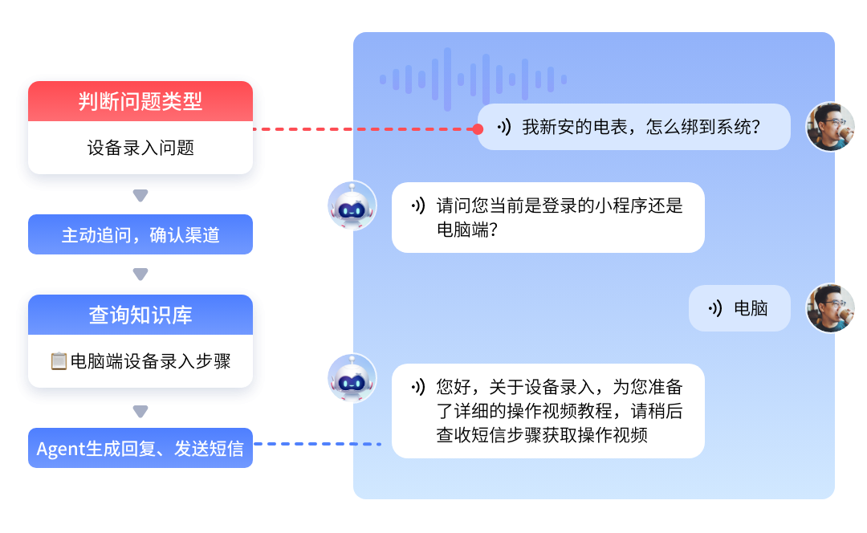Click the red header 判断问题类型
(140, 101)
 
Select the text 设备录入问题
(140, 148)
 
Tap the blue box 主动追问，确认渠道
(140, 235)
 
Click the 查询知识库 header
(140, 315)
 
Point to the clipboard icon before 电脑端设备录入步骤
(58, 361)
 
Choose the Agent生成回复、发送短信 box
(140, 449)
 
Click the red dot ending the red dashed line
(478, 128)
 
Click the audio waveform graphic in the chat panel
(473, 79)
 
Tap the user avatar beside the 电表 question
(831, 127)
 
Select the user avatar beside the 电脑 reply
(831, 308)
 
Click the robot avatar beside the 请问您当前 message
(352, 205)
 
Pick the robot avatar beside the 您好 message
(352, 378)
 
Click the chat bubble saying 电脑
(739, 308)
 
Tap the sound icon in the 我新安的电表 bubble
(503, 127)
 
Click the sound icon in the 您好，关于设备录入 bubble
(417, 387)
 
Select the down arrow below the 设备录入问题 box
(140, 196)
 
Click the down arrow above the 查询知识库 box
(140, 275)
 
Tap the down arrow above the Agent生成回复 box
(140, 412)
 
